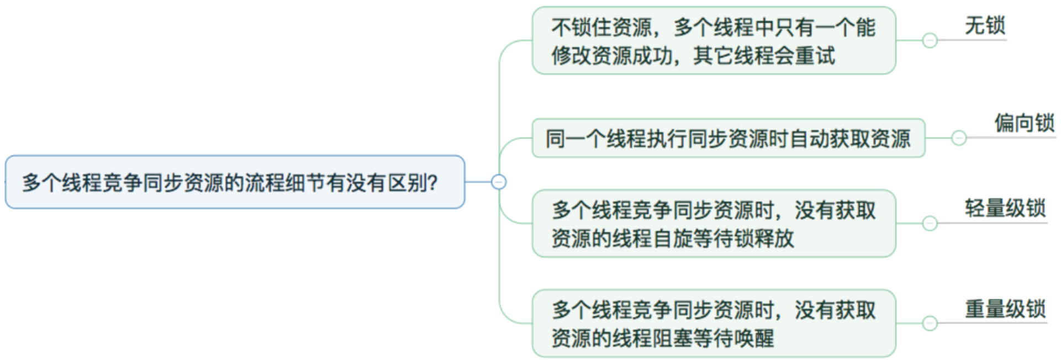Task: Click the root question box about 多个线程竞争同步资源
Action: [x=235, y=182]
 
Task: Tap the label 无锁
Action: [x=985, y=26]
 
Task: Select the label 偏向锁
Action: [x=1025, y=123]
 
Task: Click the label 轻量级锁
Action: [x=1005, y=209]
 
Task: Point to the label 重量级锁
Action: [x=1005, y=309]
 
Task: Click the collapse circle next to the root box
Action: [x=499, y=182]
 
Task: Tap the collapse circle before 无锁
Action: [x=930, y=40]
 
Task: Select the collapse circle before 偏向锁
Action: [x=959, y=137]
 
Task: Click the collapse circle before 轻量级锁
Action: [x=930, y=223]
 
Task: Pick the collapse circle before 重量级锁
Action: [x=930, y=323]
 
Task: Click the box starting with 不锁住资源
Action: [x=714, y=41]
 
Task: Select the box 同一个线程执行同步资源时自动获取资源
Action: [x=728, y=138]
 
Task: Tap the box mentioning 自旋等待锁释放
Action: [x=714, y=224]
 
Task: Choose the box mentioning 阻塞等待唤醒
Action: [x=714, y=324]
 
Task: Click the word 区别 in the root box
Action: [x=407, y=183]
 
